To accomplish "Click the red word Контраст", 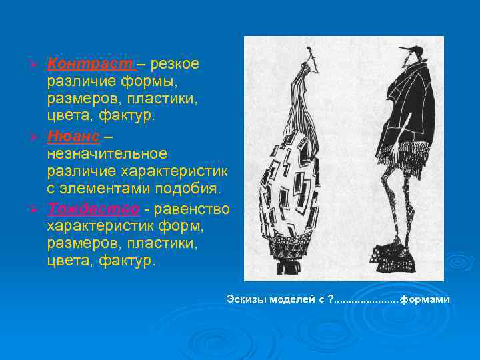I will (91, 65).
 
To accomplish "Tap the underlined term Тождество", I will (93, 209).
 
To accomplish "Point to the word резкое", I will (174, 65).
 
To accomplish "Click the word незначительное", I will (107, 154).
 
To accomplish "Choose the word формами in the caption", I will (425, 299).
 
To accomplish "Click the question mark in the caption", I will (331, 299).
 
